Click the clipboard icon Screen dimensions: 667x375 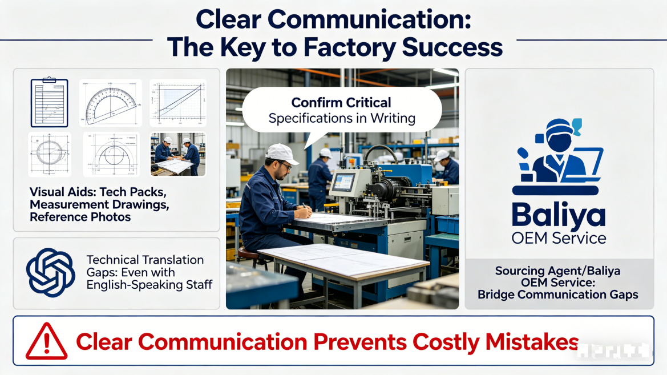pos(49,102)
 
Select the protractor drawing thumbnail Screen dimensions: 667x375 pos(111,103)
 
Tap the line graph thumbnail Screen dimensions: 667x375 pos(178,103)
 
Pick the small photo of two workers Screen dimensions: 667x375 pos(178,154)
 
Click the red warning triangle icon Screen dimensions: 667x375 pos(46,341)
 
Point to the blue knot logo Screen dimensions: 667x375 pos(50,272)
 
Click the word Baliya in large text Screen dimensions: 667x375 pos(559,216)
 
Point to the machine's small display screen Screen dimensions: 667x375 pos(343,182)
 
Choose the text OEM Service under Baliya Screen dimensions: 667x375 pos(559,238)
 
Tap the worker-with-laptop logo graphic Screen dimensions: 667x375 pos(559,156)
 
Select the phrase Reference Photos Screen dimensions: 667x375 pos(80,217)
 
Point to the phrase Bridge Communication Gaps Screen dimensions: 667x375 pos(557,295)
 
